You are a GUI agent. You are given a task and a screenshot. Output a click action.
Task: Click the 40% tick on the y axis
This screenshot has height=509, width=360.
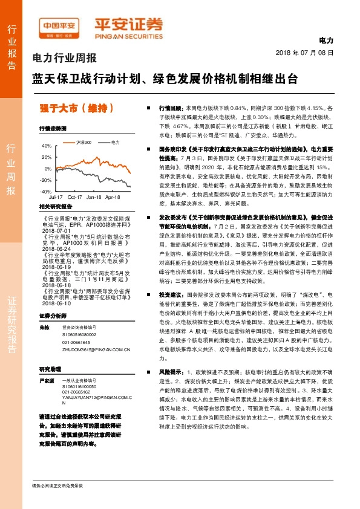(47, 146)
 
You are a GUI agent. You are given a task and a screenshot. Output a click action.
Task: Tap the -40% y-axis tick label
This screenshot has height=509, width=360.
(46, 191)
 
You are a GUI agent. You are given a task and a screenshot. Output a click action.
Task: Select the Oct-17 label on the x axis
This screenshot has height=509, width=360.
(75, 197)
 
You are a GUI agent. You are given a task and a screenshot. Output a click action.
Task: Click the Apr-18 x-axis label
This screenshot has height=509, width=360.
(113, 197)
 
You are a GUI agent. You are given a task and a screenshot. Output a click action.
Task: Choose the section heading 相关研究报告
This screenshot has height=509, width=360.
(56, 207)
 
